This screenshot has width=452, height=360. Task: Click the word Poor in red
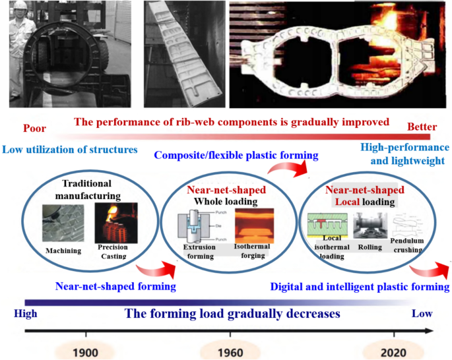[x=34, y=128]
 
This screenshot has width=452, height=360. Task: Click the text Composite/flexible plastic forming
[x=236, y=156]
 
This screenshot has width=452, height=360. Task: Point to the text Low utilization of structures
[x=69, y=150]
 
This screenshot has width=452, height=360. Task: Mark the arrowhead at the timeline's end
[x=430, y=332]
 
